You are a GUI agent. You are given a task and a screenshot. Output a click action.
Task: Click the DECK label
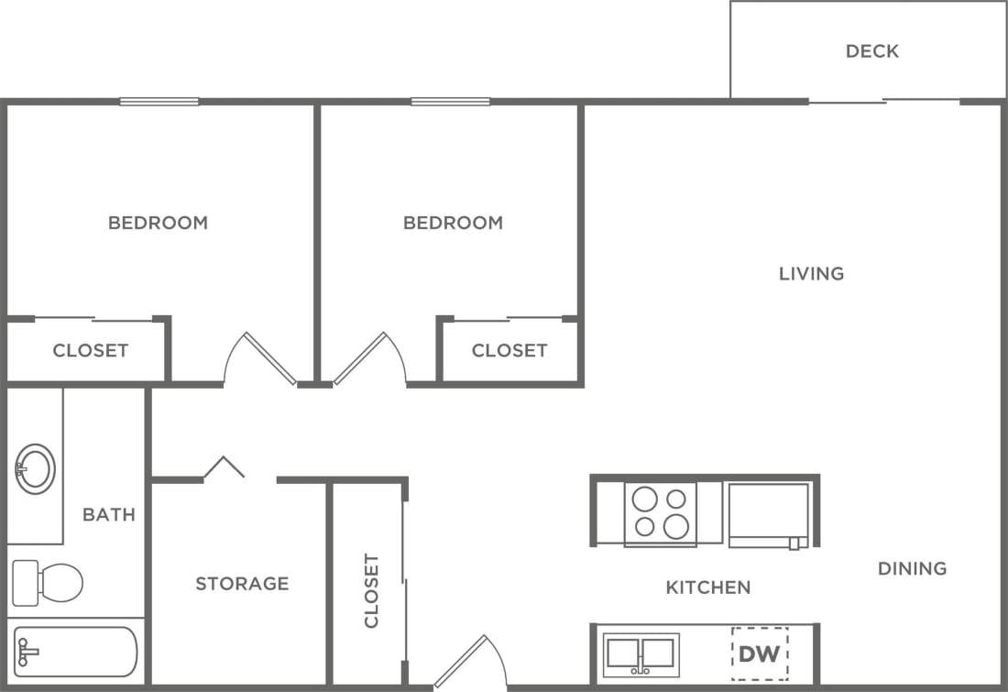point(871,51)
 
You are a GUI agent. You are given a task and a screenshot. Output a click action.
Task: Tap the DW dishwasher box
point(759,654)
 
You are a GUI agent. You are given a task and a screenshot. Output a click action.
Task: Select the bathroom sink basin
point(36,469)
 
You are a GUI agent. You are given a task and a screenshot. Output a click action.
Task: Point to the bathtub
point(75,652)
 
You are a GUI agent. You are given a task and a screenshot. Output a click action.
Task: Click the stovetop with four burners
point(661,513)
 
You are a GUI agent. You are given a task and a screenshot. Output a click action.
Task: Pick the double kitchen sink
point(641,654)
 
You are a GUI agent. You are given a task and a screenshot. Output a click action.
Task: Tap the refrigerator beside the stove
point(769,514)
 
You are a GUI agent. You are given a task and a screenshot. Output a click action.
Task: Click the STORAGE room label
point(242,584)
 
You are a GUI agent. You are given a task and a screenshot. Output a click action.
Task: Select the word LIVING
point(811,274)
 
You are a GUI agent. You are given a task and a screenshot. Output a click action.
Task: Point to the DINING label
point(912,569)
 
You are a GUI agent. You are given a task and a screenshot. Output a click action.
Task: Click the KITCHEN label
point(708,588)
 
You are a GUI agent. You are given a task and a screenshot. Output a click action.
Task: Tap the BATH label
point(109,515)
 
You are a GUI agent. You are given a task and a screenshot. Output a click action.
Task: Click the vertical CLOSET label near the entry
point(371,590)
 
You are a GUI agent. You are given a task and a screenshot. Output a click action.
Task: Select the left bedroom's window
point(159,102)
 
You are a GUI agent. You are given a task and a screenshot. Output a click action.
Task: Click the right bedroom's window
point(450,102)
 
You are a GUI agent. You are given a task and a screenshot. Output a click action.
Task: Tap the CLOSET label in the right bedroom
point(509,351)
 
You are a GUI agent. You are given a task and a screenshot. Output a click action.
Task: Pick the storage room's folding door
point(225,467)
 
